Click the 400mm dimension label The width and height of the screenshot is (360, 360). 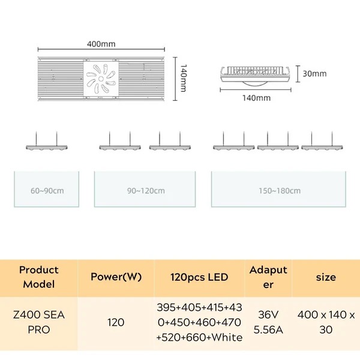100,44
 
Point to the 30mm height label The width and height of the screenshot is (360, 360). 315,74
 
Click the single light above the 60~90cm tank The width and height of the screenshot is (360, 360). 48,146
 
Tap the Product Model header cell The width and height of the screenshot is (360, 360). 39,277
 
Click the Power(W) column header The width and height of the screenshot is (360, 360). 116,277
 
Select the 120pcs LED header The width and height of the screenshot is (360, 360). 200,277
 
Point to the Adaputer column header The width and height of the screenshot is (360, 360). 268,277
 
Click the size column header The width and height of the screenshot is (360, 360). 326,277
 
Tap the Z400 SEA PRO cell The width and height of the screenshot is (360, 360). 39,322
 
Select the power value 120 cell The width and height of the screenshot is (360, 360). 116,322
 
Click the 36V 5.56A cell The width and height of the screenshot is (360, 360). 268,322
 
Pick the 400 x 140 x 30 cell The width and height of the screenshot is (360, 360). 326,322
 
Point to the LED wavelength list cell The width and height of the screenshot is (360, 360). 200,322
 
